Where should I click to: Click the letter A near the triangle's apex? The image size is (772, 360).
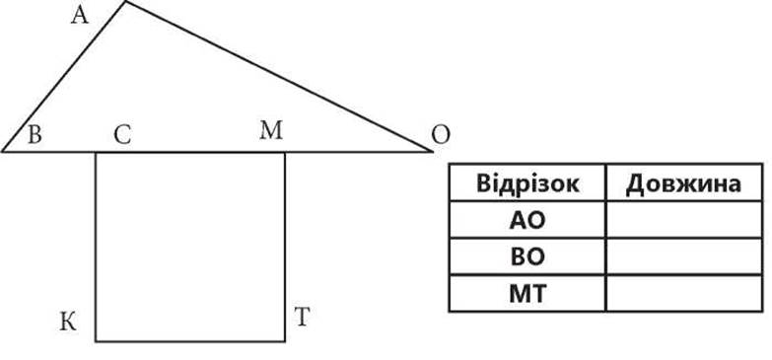(79, 15)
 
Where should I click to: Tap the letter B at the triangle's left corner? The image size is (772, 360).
(34, 135)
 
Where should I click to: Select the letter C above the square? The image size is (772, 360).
(122, 135)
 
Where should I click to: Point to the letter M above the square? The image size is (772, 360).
(271, 131)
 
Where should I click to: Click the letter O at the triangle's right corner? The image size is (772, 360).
(440, 135)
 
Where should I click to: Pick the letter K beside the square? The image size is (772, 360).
(68, 323)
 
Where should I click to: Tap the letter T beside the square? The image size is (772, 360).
(302, 317)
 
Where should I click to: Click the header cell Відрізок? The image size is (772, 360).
(527, 183)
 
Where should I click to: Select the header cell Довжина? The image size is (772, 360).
(684, 183)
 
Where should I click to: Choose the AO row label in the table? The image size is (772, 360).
(527, 220)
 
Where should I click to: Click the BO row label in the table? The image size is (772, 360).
(527, 256)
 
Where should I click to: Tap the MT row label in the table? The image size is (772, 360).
(527, 294)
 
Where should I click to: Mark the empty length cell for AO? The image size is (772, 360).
(684, 220)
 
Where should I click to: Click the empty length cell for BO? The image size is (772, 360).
(684, 256)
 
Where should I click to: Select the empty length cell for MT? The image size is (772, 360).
(684, 294)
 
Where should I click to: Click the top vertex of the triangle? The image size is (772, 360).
(125, 1)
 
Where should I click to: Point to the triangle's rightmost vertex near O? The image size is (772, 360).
(432, 151)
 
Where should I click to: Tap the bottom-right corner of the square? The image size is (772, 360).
(285, 341)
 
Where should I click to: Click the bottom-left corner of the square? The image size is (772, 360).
(96, 341)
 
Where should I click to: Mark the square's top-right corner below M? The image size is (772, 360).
(285, 152)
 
